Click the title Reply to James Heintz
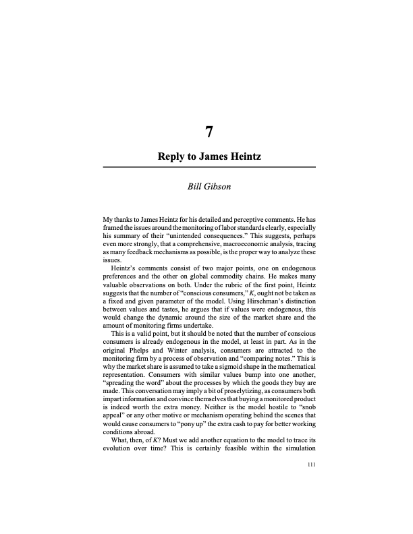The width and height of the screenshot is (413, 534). tap(209, 156)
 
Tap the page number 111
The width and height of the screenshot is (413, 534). tap(311, 465)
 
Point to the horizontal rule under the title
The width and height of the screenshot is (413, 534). tap(209, 167)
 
